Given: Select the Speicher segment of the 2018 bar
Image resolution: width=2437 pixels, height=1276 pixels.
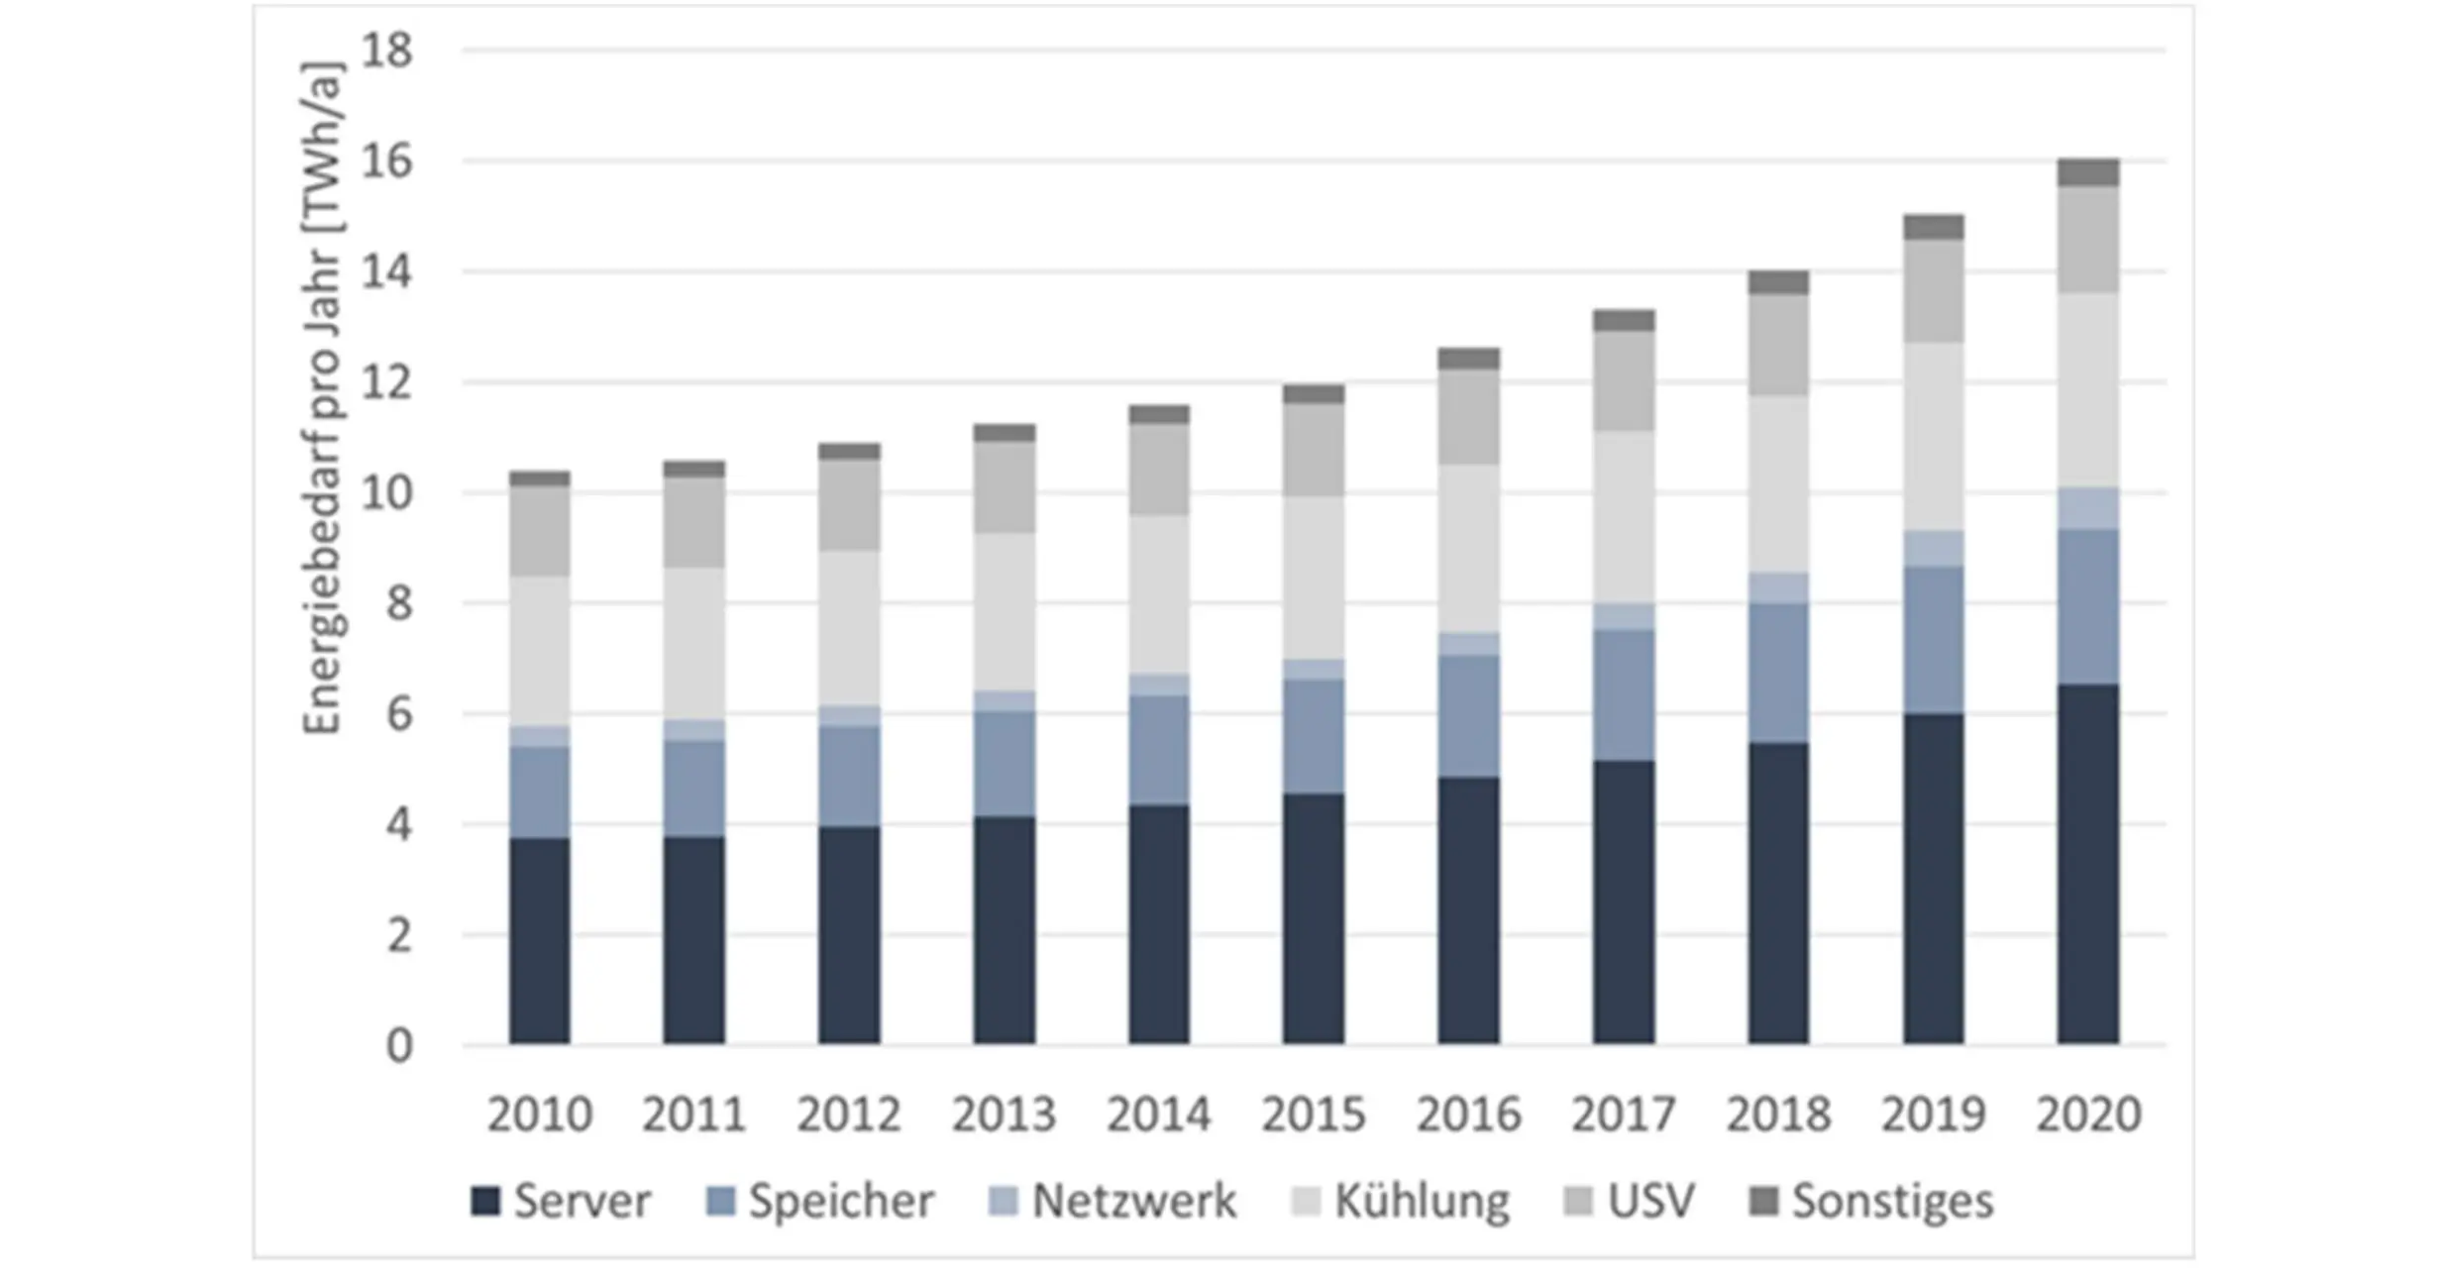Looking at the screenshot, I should tap(1778, 673).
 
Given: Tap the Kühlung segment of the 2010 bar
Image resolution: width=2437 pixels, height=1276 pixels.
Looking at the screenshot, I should tap(540, 651).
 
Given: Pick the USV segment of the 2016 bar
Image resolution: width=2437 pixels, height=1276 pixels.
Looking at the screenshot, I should tap(1468, 417).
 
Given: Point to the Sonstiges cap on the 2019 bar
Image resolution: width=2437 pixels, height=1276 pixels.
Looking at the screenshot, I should tap(1933, 227).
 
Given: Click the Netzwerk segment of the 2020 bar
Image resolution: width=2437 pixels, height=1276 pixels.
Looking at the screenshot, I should tap(2087, 509).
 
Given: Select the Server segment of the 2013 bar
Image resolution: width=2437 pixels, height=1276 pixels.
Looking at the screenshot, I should tap(1004, 930).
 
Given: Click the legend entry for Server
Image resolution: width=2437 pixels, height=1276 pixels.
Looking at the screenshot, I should tap(561, 1202).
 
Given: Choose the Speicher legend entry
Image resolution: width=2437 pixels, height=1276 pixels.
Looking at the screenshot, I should tap(820, 1202).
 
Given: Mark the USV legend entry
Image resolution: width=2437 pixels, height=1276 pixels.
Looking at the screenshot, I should tap(1630, 1202).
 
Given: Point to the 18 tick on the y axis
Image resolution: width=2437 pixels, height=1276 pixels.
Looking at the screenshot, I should tap(386, 51).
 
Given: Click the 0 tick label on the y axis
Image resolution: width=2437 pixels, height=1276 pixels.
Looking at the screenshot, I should tap(398, 1046).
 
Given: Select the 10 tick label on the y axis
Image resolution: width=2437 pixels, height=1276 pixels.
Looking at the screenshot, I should tap(386, 493).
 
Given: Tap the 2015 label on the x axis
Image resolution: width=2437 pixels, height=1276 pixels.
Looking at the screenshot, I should tap(1314, 1115).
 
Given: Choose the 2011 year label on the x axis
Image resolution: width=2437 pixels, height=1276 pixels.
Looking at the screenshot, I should tap(693, 1115).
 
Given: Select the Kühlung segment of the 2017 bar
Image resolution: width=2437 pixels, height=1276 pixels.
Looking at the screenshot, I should tap(1623, 517).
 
